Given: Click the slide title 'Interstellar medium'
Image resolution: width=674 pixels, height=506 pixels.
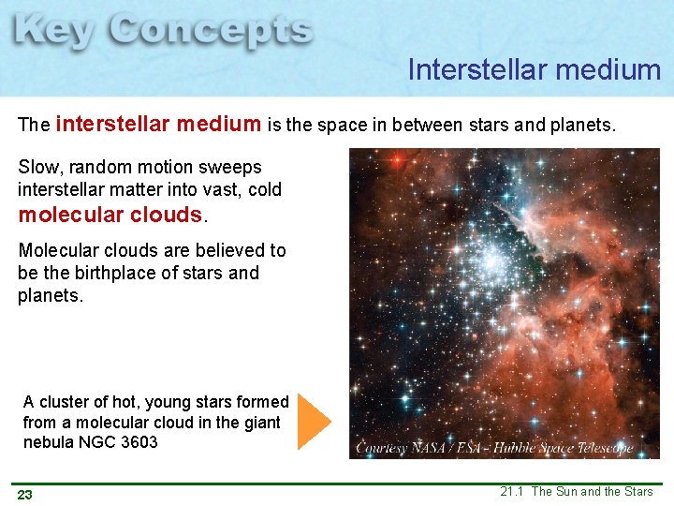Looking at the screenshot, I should (534, 69).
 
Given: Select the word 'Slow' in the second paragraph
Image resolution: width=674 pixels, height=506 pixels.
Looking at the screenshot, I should (37, 167).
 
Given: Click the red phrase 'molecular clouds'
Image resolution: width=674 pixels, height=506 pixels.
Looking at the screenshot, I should (110, 214).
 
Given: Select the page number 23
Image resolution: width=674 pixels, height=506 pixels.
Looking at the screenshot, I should (25, 495).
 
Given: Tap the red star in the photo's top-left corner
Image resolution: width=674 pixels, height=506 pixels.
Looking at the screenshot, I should (397, 160).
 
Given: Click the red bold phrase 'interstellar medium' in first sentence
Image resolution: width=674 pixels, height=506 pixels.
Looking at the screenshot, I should (158, 124).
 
